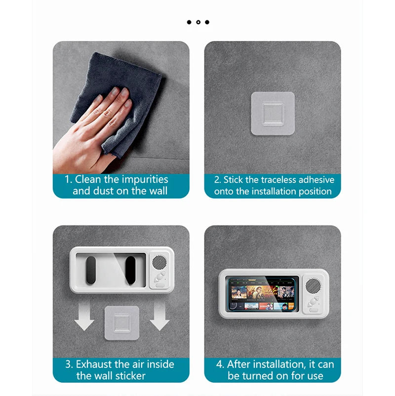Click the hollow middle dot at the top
tap(198, 22)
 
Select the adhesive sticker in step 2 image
tap(273, 113)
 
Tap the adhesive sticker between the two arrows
tap(121, 323)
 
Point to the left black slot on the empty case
tap(91, 270)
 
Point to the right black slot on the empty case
tap(130, 270)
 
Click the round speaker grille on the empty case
tap(159, 262)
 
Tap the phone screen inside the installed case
tap(263, 294)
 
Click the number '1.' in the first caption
tap(69, 179)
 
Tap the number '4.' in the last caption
tap(221, 364)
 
